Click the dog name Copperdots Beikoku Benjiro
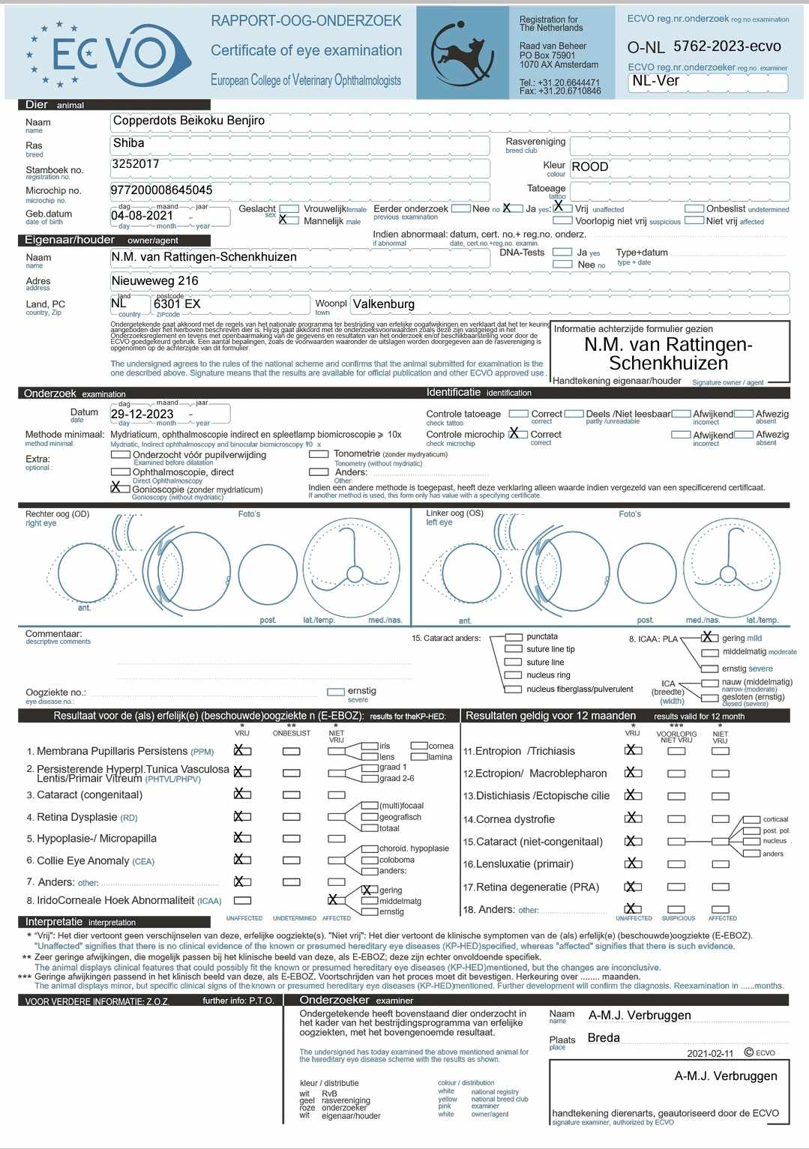click(x=188, y=121)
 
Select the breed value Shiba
click(x=128, y=143)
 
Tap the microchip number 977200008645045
click(x=161, y=190)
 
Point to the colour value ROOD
click(x=590, y=167)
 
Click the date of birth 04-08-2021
click(x=142, y=216)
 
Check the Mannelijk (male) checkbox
click(x=284, y=220)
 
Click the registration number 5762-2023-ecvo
click(x=727, y=46)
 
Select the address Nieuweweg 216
click(x=155, y=281)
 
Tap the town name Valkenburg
click(x=383, y=304)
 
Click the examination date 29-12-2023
click(x=142, y=414)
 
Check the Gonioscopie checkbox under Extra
click(x=117, y=487)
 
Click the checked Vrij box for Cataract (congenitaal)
click(x=241, y=794)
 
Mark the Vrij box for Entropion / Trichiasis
click(x=633, y=750)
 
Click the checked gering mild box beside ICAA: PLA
click(x=709, y=638)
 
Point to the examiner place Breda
click(x=604, y=1038)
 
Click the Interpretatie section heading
click(x=54, y=922)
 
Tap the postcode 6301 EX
click(x=177, y=304)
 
